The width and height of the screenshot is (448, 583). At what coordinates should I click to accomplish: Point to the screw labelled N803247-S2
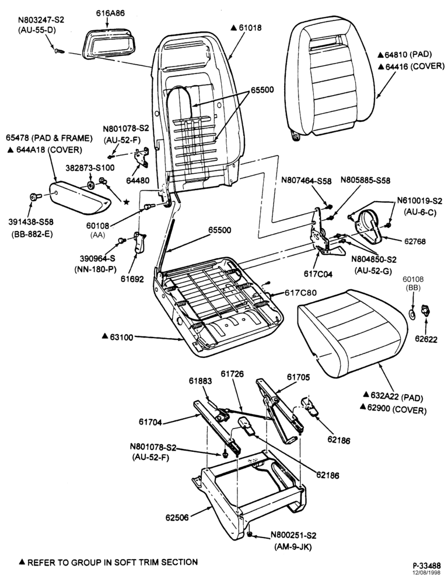click(59, 50)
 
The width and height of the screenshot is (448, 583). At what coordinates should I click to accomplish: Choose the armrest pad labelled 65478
click(80, 197)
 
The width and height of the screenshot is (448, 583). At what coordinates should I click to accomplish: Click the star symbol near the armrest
click(126, 202)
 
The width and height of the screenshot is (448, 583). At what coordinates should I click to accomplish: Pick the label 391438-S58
click(31, 222)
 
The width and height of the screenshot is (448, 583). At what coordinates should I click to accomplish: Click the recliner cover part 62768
click(369, 225)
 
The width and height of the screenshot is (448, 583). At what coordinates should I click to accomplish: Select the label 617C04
click(318, 275)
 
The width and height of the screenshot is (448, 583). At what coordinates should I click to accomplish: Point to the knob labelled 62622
click(425, 311)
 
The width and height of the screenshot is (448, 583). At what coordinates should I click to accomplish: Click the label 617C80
click(302, 293)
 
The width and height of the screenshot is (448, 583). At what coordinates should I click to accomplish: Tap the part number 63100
click(122, 336)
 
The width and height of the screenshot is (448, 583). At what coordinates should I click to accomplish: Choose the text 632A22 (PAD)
click(397, 398)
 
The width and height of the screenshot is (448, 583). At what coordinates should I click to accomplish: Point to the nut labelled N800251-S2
click(250, 535)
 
